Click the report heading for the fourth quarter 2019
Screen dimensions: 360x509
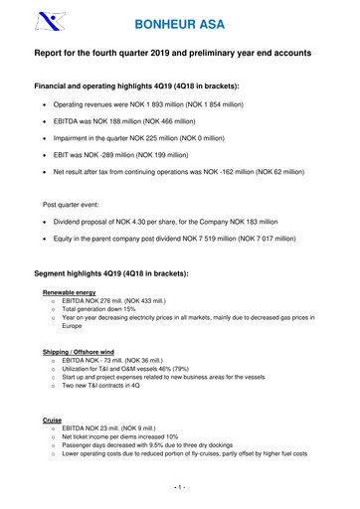click(179, 56)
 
